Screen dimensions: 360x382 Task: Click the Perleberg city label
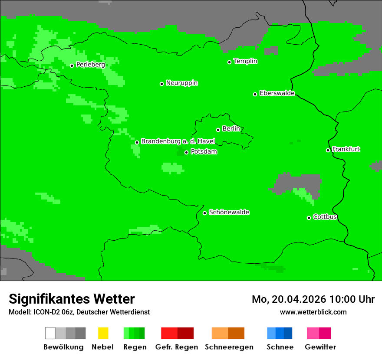coord(90,65)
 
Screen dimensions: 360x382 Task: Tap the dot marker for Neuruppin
coord(161,84)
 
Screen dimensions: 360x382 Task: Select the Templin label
coord(245,61)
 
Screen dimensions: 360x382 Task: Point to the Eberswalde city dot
coord(255,94)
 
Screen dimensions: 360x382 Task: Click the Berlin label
coord(231,129)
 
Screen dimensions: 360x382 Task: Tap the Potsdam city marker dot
coord(187,152)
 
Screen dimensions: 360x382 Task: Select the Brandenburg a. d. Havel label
coord(178,141)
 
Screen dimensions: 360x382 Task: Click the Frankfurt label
coord(346,149)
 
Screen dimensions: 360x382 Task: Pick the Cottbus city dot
coord(309,218)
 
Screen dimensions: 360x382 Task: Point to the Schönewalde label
coord(229,212)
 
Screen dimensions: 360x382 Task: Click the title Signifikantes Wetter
coord(72,299)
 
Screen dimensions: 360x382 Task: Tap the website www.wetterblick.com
coord(313,312)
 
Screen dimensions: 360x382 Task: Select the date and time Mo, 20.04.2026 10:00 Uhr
coord(313,299)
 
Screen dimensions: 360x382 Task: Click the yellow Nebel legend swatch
coord(103,333)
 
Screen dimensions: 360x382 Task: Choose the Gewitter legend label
coord(320,347)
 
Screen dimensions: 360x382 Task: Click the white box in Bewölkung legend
coord(50,333)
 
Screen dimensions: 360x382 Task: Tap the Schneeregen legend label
coord(229,347)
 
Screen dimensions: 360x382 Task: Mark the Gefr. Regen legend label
coord(177,347)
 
